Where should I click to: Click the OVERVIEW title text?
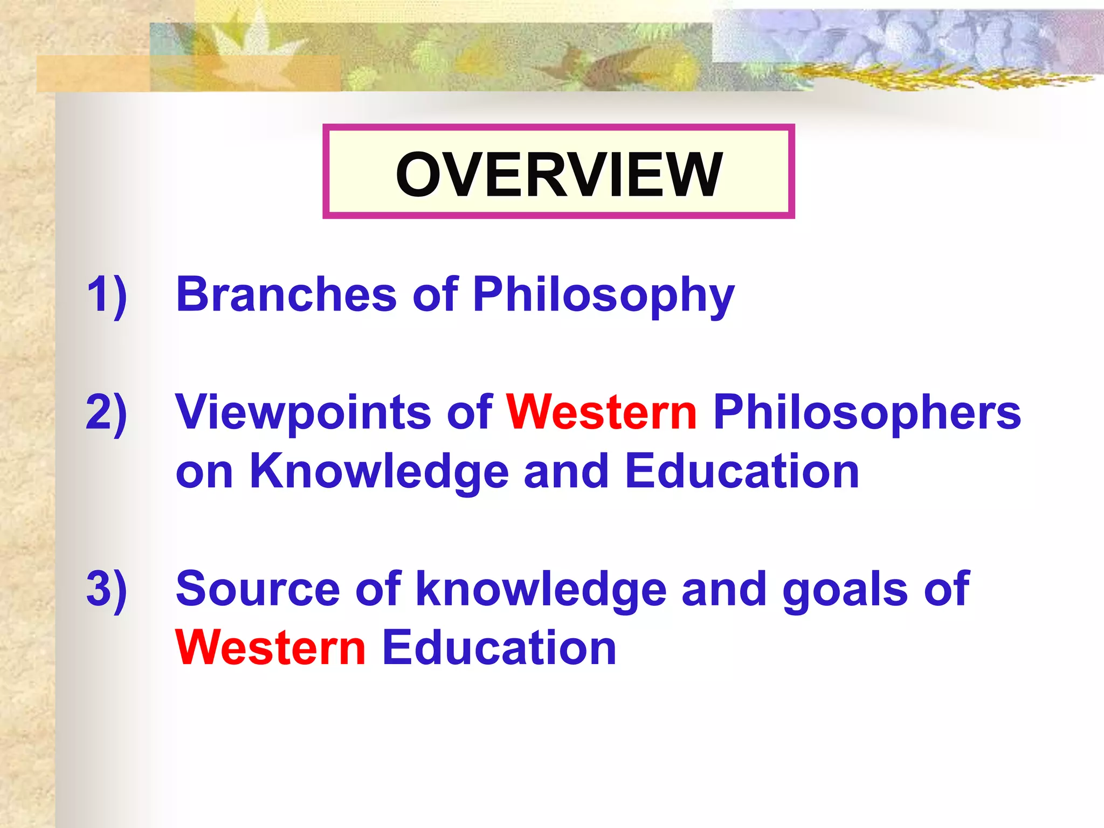coord(558,174)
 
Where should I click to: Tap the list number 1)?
coord(107,294)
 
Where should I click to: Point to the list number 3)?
coord(107,589)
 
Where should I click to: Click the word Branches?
coord(286,294)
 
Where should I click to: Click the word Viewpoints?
coord(303,413)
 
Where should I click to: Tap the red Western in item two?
coord(602,413)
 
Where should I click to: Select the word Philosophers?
coord(867,413)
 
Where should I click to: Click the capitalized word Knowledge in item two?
coord(379,471)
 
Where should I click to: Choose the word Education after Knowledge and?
coord(742,471)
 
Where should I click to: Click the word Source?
coord(258,589)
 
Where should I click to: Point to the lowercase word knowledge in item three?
coord(541,590)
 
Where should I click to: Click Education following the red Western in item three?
coord(499,648)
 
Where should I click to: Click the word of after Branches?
coord(436,294)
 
